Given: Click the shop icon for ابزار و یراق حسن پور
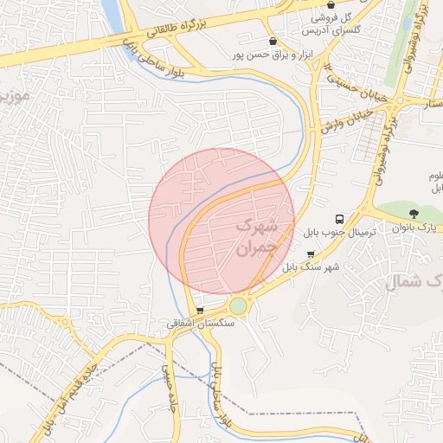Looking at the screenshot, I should coord(273,41).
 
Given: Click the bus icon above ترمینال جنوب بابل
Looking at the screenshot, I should coord(340,219).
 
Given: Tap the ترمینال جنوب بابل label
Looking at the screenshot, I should coord(338,234).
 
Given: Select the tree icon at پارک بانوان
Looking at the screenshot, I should coord(414,213).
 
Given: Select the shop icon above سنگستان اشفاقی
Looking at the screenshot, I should coord(201,310).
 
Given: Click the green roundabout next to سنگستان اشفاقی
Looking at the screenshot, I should coord(238,306).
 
